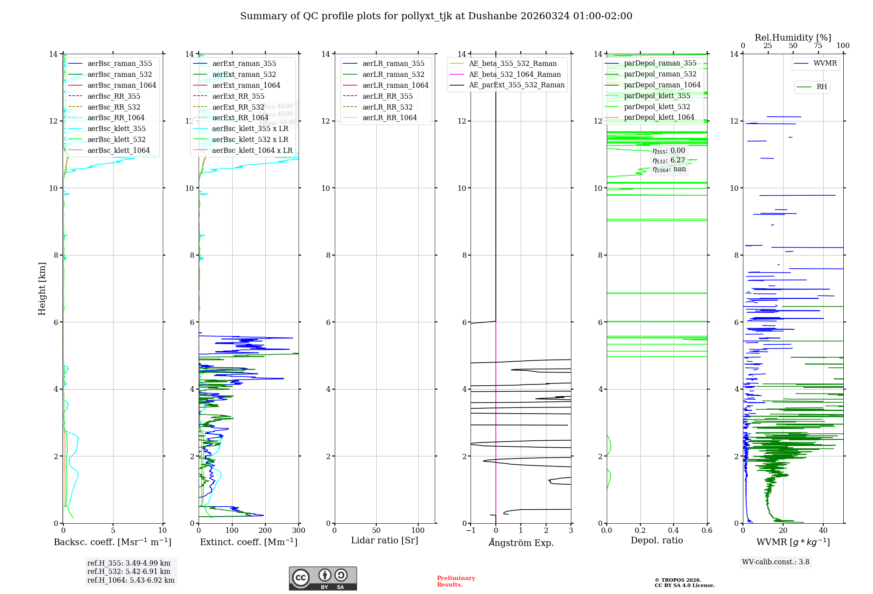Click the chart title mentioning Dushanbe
pos(436,16)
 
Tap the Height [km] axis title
pos(42,288)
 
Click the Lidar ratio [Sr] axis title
pos(385,541)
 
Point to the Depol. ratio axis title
pos(656,541)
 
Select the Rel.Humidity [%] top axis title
pos(793,38)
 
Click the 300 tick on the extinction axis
pos(299,531)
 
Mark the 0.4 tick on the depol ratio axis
pos(674,531)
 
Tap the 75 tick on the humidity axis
pos(818,46)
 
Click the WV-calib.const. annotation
pos(776,562)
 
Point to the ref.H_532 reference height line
pos(129,572)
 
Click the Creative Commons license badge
pos(323,579)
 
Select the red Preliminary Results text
pos(456,581)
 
